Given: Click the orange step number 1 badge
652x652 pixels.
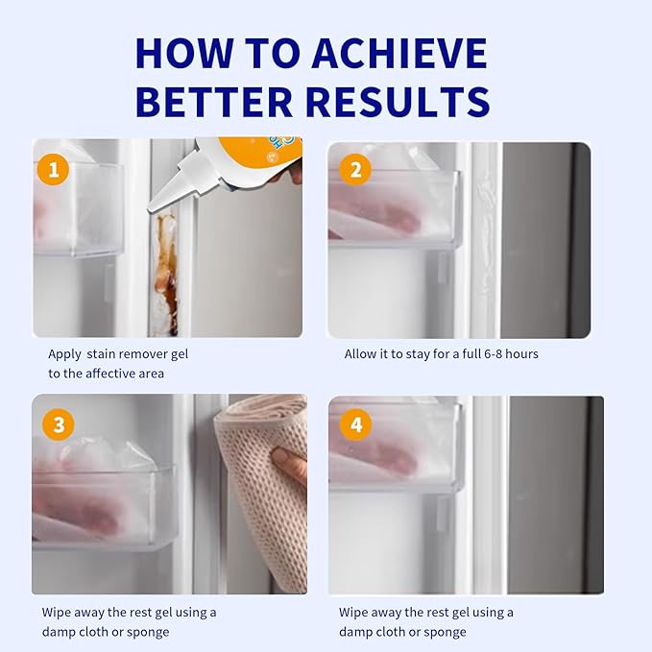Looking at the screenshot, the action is click(x=53, y=170).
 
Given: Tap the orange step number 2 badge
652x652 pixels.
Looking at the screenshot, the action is click(x=355, y=170).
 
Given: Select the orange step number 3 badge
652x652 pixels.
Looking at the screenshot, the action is click(x=59, y=424).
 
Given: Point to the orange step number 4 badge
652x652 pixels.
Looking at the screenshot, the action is click(x=356, y=424).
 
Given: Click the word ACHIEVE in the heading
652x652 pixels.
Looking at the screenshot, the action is click(x=399, y=53).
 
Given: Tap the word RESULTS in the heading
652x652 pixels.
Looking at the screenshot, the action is click(x=398, y=102).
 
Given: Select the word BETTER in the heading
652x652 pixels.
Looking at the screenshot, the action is click(x=214, y=102).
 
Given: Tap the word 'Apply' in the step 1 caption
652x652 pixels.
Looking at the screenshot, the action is click(x=64, y=355).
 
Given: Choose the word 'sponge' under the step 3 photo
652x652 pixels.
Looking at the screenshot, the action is click(x=148, y=633).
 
